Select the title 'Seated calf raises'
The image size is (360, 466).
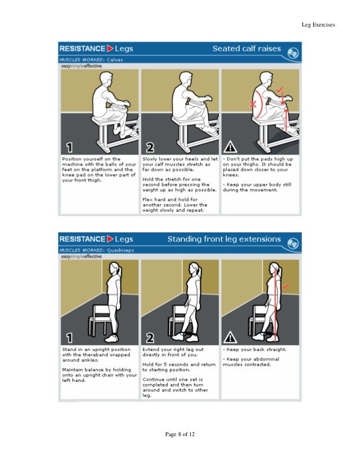tap(246, 49)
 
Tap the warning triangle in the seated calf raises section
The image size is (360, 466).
tap(230, 148)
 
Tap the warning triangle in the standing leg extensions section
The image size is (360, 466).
tap(230, 338)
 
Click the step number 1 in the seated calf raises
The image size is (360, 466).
tap(69, 148)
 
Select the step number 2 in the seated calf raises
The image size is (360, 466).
tap(150, 148)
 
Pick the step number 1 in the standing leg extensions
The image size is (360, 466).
tap(69, 338)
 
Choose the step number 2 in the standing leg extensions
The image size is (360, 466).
tap(150, 338)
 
